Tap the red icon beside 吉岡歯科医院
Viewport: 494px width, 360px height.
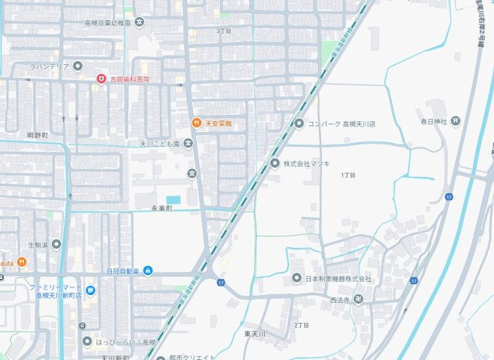pos(101,79)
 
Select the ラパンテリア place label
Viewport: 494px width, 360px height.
pos(50,67)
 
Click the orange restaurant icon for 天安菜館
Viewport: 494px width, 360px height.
pos(196,124)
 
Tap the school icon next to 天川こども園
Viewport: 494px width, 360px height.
pos(188,143)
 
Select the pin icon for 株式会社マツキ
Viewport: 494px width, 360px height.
pos(275,163)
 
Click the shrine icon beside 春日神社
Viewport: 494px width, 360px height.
pos(455,121)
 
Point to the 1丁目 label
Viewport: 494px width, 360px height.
pos(348,175)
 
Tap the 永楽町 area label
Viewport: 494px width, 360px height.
pos(164,209)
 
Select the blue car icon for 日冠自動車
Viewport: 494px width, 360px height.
pos(148,271)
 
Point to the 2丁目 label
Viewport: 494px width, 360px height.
pos(300,325)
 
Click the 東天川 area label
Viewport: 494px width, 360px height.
pos(255,334)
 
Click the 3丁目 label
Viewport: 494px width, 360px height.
pos(224,31)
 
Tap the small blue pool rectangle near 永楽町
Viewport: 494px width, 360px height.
pos(173,200)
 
